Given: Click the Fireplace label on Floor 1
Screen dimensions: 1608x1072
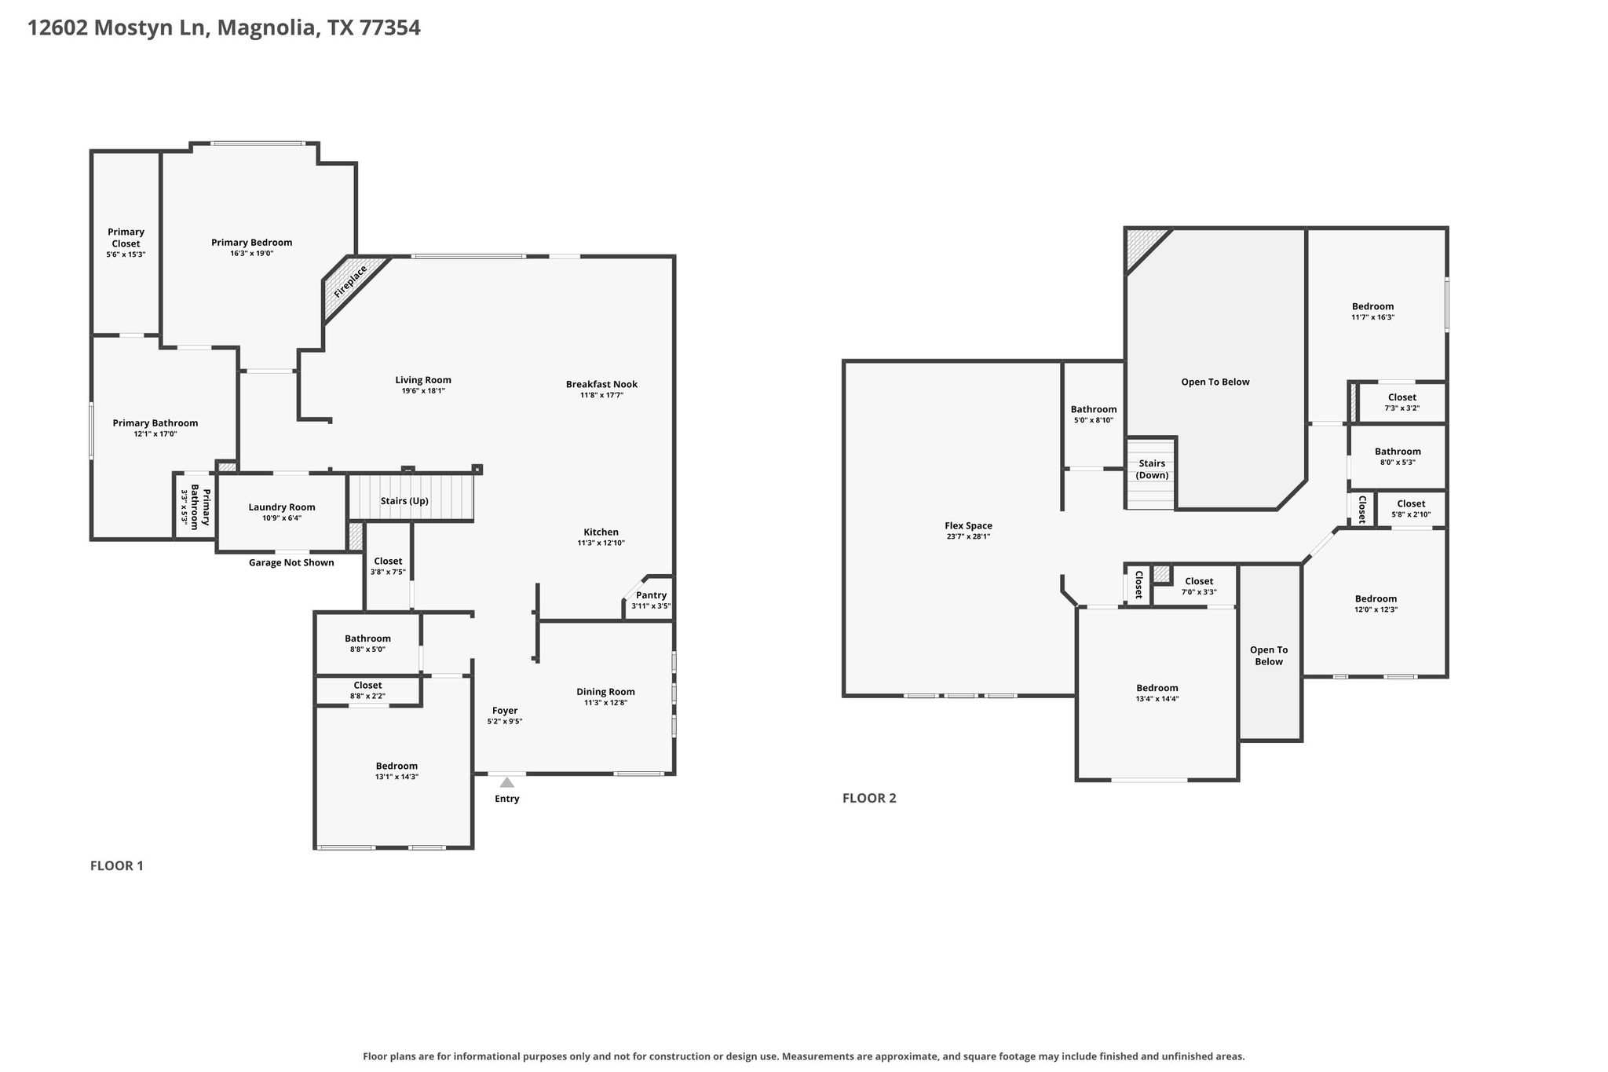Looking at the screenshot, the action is tap(350, 281).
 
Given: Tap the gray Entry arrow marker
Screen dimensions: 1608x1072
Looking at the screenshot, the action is tap(507, 782).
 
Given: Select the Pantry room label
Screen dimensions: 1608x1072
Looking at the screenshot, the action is tap(652, 595).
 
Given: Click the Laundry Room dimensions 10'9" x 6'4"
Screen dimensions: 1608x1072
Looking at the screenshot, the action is tap(281, 518).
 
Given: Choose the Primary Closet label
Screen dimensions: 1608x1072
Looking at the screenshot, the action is tap(126, 237).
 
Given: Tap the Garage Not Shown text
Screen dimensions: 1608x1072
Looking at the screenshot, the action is tap(291, 562).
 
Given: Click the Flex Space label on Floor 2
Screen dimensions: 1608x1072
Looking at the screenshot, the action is tap(968, 526).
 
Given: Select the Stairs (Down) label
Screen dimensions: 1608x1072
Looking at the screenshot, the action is tap(1152, 470).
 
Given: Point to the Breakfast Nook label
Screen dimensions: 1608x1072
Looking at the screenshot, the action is tap(601, 384).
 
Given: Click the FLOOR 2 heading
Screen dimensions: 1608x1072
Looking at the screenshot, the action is tap(869, 798).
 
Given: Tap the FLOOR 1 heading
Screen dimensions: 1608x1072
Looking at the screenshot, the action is tap(117, 865).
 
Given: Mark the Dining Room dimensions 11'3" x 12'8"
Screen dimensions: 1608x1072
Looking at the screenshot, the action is tap(605, 703).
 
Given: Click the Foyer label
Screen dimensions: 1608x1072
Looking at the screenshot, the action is tap(505, 711).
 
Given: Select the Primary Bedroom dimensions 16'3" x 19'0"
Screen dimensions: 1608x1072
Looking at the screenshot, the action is tap(251, 254).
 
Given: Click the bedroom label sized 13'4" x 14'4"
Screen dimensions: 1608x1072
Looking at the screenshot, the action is tap(1157, 688).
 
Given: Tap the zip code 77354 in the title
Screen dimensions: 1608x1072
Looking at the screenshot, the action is tap(390, 28).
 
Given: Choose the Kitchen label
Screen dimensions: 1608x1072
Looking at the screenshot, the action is tap(601, 532).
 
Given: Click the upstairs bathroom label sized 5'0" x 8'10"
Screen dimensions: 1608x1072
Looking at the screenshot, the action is tap(1094, 409).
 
